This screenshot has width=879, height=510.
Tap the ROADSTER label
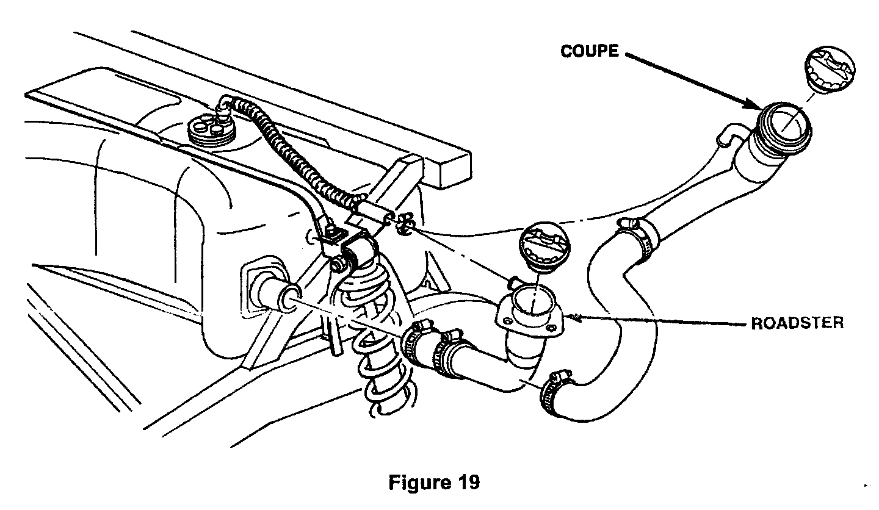797,323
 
